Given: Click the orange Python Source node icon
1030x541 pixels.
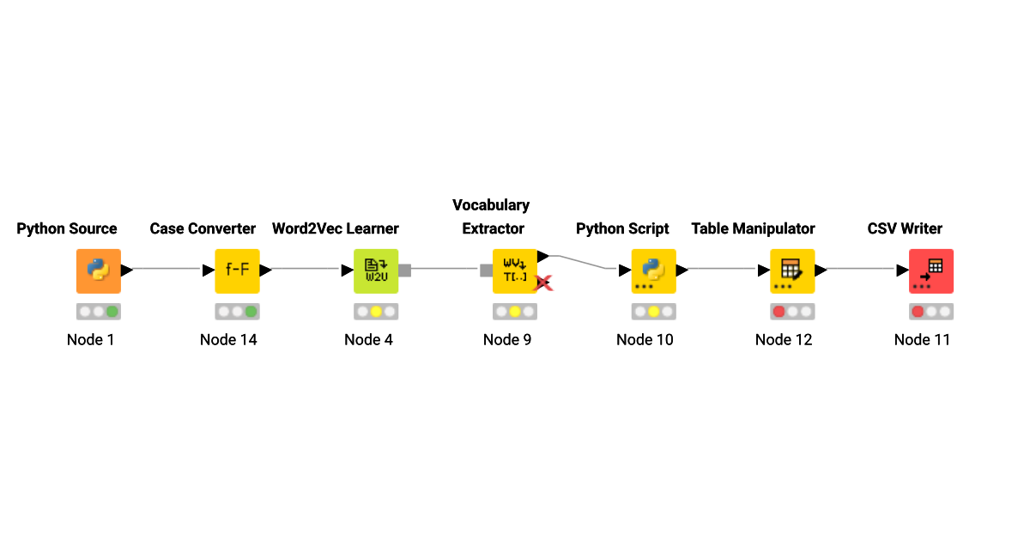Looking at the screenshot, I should click(x=99, y=270).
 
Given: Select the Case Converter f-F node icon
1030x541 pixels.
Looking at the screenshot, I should click(x=237, y=270).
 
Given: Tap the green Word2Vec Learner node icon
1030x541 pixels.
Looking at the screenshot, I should click(x=376, y=270).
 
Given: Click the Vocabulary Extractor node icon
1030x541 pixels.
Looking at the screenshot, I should click(x=514, y=270).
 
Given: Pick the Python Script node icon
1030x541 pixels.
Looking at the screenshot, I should click(x=653, y=270).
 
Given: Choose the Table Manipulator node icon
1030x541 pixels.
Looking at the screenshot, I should click(x=791, y=270).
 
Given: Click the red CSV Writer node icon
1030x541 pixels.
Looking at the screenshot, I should click(x=930, y=270).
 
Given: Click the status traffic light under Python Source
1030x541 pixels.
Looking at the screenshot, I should click(x=99, y=312).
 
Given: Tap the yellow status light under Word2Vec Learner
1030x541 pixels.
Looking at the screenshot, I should click(x=376, y=312).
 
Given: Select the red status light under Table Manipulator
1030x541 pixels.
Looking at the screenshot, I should click(x=779, y=312).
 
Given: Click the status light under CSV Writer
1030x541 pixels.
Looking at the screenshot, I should click(x=930, y=312).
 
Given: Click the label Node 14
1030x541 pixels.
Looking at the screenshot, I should click(x=228, y=339).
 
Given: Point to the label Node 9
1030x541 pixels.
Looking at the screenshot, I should click(x=507, y=339).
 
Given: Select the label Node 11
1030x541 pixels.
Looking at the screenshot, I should click(x=922, y=339).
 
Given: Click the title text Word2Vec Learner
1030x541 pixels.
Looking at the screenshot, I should click(x=336, y=228).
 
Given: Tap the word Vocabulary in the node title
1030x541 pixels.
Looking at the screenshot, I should click(x=491, y=205).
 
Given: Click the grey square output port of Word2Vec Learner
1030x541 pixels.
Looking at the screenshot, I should click(x=405, y=270).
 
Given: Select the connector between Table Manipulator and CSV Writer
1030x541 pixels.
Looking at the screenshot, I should click(x=863, y=269).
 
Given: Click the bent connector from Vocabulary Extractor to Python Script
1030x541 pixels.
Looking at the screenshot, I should click(x=584, y=261).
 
